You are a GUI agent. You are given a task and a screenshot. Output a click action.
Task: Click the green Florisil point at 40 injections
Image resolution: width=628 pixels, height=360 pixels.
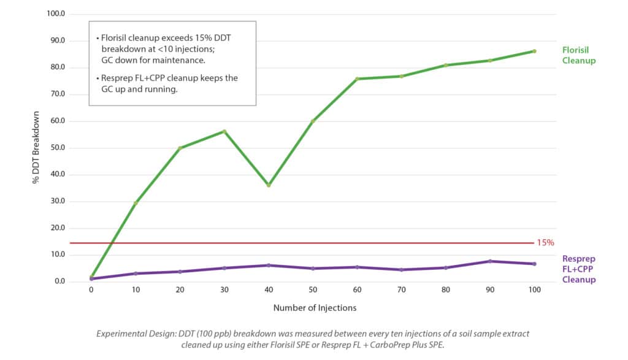(x=268, y=185)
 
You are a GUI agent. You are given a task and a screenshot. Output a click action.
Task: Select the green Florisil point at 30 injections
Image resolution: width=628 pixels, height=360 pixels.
(x=224, y=131)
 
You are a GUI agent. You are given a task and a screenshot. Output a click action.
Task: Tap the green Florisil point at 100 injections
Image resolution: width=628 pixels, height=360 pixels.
(x=534, y=51)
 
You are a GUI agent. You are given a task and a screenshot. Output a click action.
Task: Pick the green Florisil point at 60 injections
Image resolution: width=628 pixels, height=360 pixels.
(x=357, y=79)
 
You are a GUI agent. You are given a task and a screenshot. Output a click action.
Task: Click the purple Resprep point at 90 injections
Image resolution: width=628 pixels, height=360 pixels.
(x=490, y=261)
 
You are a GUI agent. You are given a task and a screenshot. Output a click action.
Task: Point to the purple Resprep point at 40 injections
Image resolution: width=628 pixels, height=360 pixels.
(x=268, y=265)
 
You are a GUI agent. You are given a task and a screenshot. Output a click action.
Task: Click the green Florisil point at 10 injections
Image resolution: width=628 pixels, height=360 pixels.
(x=135, y=203)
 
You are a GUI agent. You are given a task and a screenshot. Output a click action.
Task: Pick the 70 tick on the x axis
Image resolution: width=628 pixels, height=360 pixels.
(x=401, y=289)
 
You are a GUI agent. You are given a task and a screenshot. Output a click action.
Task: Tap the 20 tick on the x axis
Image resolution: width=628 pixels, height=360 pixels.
(x=180, y=289)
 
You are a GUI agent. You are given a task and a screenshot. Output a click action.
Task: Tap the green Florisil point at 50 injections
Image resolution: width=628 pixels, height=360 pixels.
(x=313, y=121)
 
